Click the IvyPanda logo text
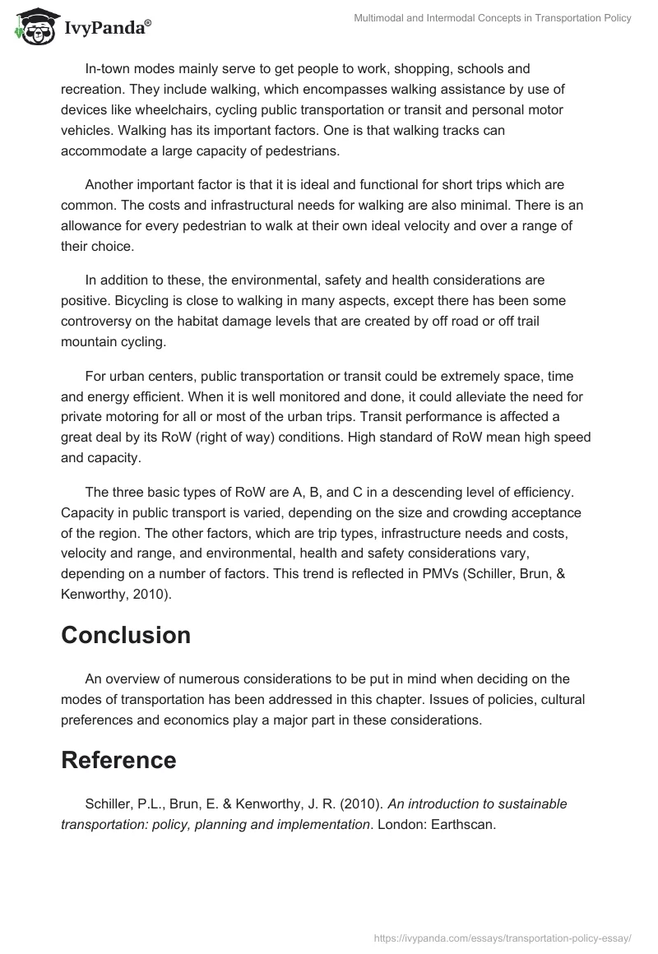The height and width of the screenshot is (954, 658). click(x=107, y=27)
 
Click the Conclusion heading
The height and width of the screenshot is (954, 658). click(x=126, y=635)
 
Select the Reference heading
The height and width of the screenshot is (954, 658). click(x=118, y=760)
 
